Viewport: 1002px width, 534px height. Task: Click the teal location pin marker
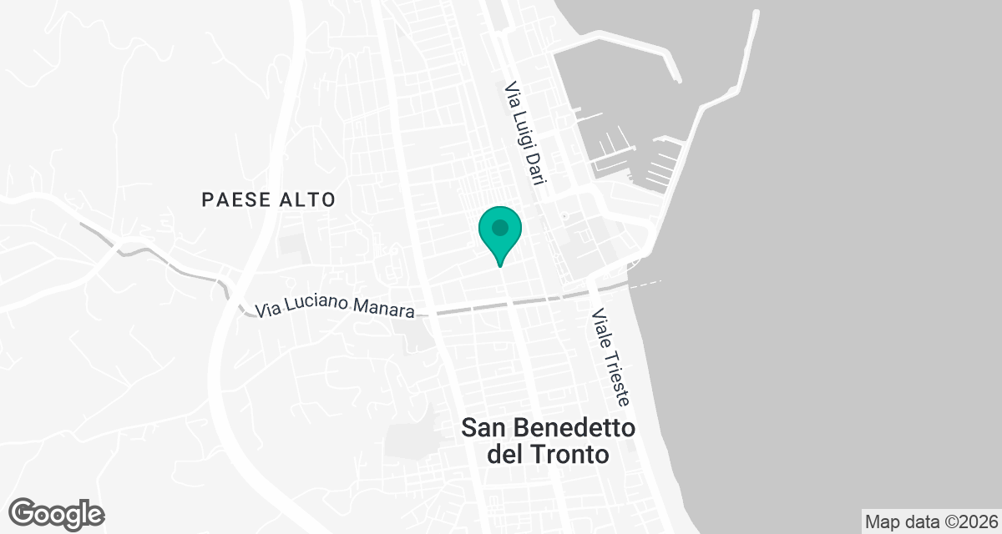(500, 233)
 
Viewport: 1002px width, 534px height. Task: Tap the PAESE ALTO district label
(268, 199)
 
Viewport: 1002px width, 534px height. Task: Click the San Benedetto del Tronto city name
(549, 441)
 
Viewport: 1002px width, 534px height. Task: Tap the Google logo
(56, 514)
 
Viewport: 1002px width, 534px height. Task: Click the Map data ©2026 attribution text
(931, 521)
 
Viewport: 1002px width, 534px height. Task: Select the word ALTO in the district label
(308, 199)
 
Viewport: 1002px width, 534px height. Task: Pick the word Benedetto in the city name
(577, 428)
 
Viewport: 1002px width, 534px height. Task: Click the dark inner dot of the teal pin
(500, 227)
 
